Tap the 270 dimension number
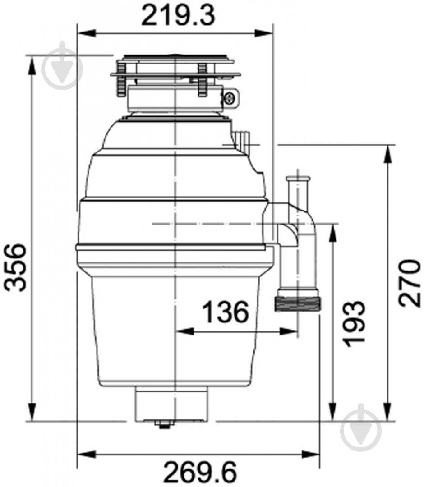(410, 283)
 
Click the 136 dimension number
(226, 311)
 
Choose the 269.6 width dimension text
(200, 474)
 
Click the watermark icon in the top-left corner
(62, 66)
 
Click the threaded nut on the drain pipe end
(298, 303)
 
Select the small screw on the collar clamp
(230, 98)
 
